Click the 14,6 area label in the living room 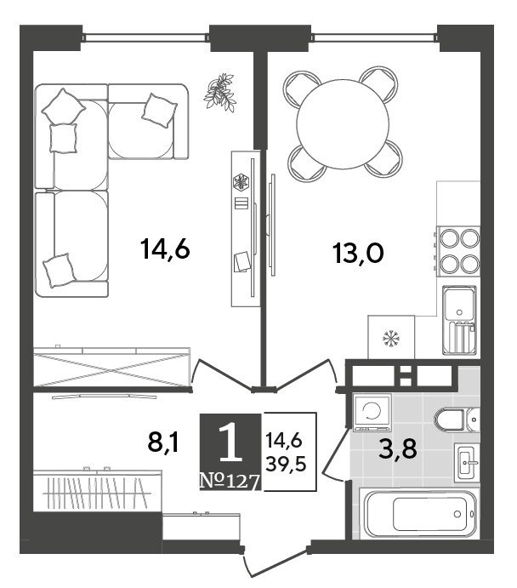click(165, 249)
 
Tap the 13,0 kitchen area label click(358, 253)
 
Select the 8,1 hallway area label click(164, 442)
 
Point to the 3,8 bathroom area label click(397, 448)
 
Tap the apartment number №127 click(230, 481)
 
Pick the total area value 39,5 click(286, 465)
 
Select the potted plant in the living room click(220, 92)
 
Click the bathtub click(419, 513)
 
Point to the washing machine click(372, 412)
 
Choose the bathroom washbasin click(467, 462)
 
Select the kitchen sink click(460, 320)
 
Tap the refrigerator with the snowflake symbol click(391, 337)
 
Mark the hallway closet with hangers click(98, 490)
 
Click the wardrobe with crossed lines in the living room click(111, 366)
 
